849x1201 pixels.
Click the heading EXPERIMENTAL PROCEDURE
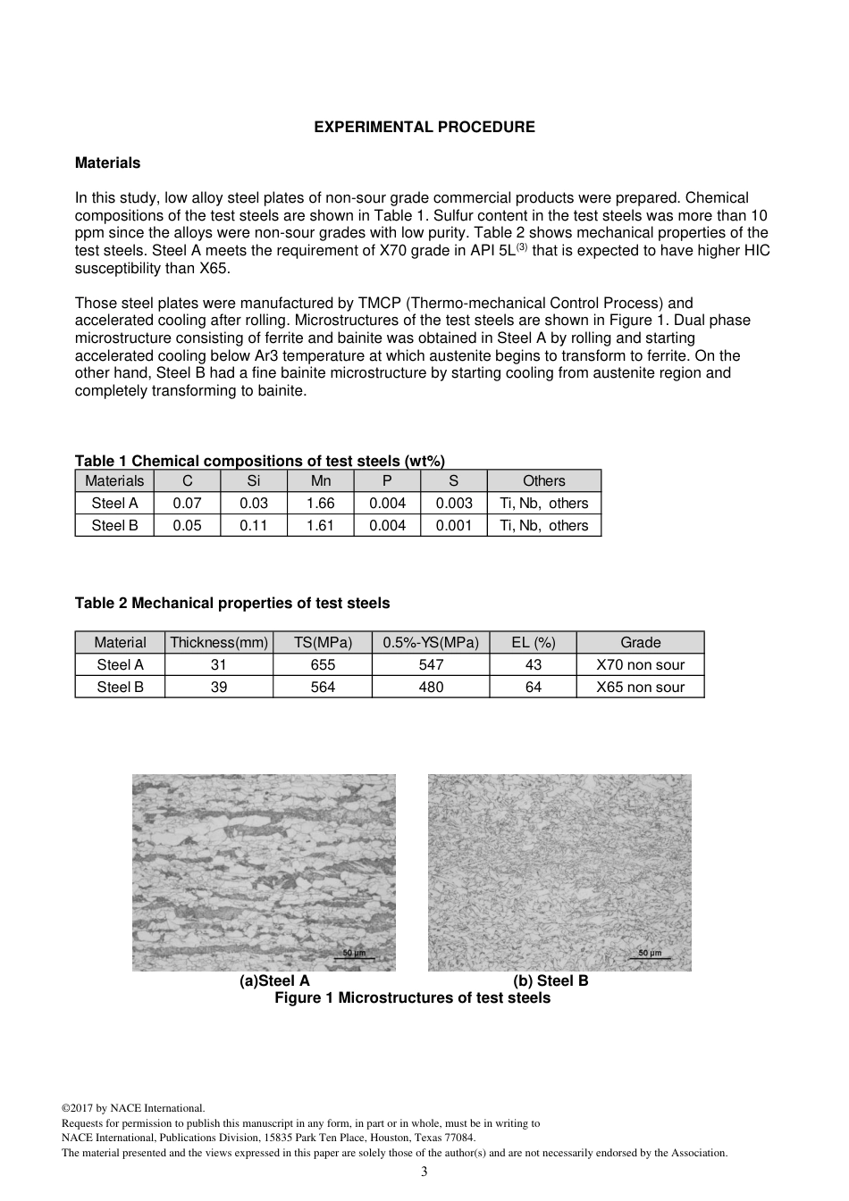tap(424, 128)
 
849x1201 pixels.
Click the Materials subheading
tap(107, 163)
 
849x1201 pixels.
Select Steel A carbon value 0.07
tap(187, 504)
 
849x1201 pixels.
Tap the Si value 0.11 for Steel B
tap(253, 526)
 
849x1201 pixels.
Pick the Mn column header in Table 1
tap(320, 481)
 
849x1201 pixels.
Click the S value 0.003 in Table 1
tap(454, 504)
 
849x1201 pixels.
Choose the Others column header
tap(543, 481)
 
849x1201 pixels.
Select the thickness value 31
tap(219, 665)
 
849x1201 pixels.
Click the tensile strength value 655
tap(323, 665)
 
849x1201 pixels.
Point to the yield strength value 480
tap(431, 688)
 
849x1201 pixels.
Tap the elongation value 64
tap(534, 688)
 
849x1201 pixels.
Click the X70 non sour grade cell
tap(640, 665)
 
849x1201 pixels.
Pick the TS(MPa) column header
tap(323, 643)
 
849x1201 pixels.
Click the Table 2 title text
tap(232, 604)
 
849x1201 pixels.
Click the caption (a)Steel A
tap(274, 981)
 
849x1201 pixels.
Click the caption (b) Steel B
tap(551, 981)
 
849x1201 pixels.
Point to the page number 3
tap(424, 1172)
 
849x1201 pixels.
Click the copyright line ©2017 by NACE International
tap(133, 1109)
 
